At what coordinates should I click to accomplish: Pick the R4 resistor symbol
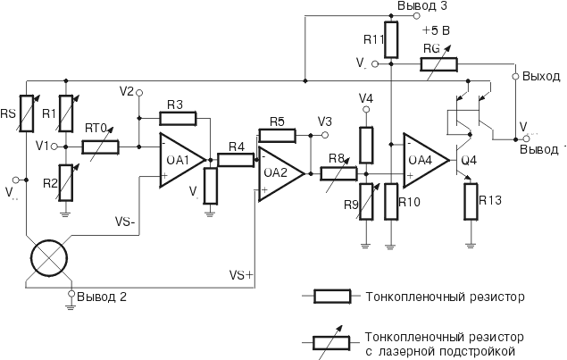pyautogui.click(x=236, y=160)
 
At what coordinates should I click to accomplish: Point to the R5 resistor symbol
pyautogui.click(x=276, y=135)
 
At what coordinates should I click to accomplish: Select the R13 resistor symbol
pyautogui.click(x=471, y=201)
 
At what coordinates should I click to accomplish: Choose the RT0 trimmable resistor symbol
pyautogui.click(x=101, y=145)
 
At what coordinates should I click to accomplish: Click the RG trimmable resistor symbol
pyautogui.click(x=438, y=64)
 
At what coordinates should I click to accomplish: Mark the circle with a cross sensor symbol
pyautogui.click(x=48, y=259)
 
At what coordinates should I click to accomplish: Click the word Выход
pyautogui.click(x=541, y=77)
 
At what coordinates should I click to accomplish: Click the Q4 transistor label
pyautogui.click(x=471, y=162)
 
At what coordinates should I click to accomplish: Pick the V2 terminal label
pyautogui.click(x=127, y=91)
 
